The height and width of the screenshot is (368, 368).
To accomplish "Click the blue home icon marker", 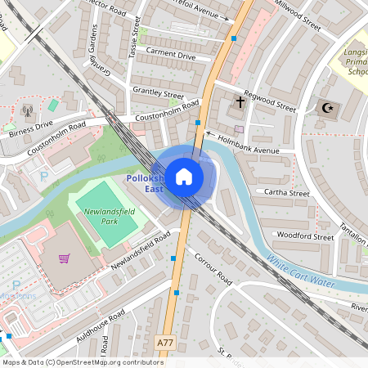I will point(184,176).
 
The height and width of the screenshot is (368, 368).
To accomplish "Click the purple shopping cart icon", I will point(64,258).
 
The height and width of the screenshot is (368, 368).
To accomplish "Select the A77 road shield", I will point(166,343).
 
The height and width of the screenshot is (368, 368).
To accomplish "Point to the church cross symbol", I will point(240,103).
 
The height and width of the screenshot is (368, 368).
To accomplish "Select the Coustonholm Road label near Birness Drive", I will point(56,141).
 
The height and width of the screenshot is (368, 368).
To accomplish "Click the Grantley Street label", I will point(158,94).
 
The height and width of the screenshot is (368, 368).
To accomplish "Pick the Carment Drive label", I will point(170,55).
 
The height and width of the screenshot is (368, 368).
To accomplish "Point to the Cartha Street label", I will point(282,194).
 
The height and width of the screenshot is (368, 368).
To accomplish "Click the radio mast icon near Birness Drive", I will point(27,110).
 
